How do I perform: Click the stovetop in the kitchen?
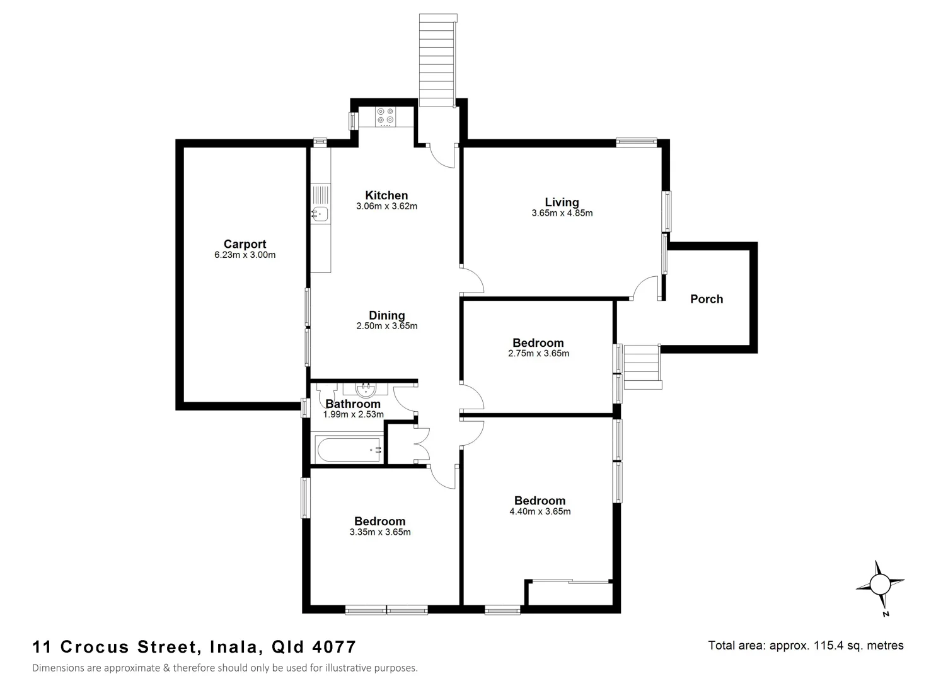(x=385, y=116)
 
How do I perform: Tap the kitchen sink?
(x=320, y=214)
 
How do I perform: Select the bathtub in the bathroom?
(x=349, y=450)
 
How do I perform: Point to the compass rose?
(x=880, y=585)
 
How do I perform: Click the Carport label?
(x=245, y=244)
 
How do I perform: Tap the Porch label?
(x=706, y=299)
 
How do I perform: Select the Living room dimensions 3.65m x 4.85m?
(x=562, y=213)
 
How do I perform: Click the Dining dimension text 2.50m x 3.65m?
(x=386, y=326)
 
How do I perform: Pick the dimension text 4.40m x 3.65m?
(x=540, y=511)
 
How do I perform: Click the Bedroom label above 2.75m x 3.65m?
(x=538, y=343)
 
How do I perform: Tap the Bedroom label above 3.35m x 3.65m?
(x=379, y=521)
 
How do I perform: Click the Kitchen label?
(x=386, y=195)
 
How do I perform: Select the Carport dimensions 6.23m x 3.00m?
(x=245, y=255)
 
